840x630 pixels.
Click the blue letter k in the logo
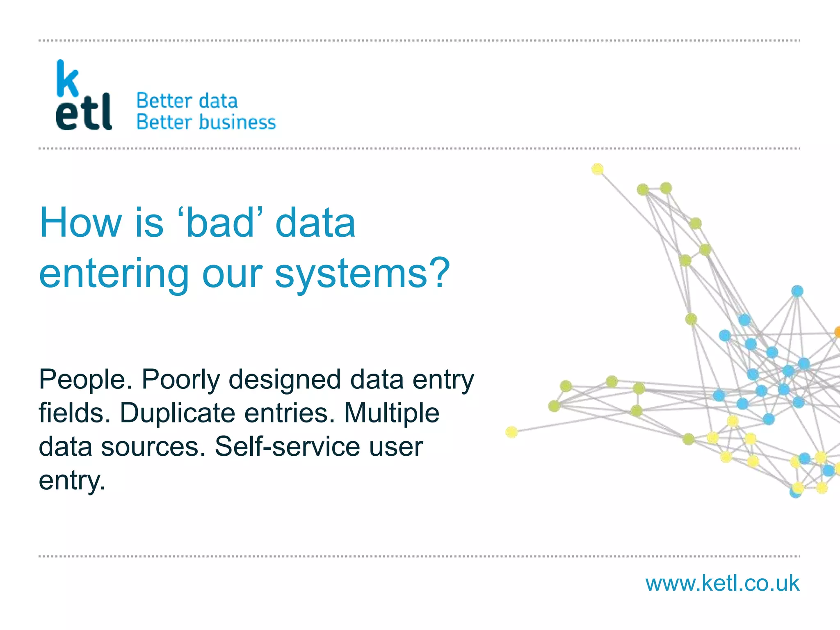click(x=67, y=79)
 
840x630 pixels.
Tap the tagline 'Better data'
click(x=187, y=101)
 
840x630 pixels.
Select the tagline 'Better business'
click(x=206, y=122)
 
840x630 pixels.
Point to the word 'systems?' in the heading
click(x=362, y=273)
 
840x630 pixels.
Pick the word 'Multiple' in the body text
click(x=392, y=413)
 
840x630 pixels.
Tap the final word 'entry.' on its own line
click(x=72, y=480)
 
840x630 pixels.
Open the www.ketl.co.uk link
click(x=722, y=583)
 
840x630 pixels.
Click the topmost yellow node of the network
click(x=598, y=169)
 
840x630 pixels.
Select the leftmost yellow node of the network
click(x=511, y=432)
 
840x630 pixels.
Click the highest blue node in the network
click(x=797, y=291)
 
